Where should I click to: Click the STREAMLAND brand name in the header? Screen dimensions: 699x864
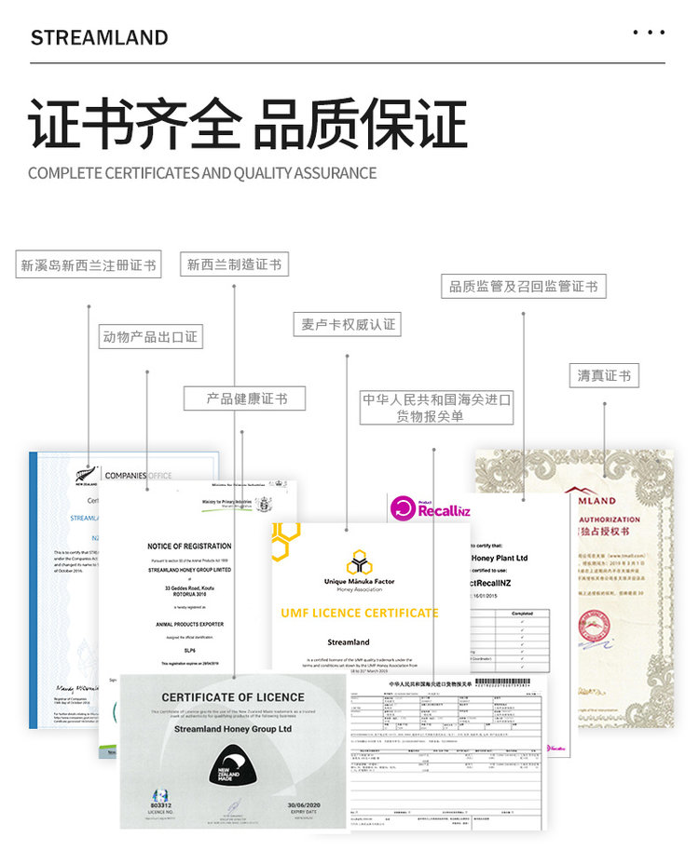pyautogui.click(x=100, y=38)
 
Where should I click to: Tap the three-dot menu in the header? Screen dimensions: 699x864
pyautogui.click(x=649, y=33)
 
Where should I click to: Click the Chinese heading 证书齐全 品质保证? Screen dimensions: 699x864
pyautogui.click(x=247, y=124)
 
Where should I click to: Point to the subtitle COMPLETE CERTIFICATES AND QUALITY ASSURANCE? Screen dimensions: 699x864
pyautogui.click(x=202, y=173)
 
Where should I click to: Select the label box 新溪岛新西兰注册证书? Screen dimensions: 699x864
pyautogui.click(x=89, y=264)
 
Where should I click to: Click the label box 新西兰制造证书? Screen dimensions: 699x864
pyautogui.click(x=234, y=264)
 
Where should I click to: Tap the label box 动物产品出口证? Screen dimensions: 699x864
pyautogui.click(x=150, y=336)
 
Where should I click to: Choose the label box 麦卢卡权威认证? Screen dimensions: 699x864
pyautogui.click(x=348, y=325)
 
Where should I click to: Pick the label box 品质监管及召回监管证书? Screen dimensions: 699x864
pyautogui.click(x=523, y=286)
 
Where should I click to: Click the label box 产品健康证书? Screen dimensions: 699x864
pyautogui.click(x=247, y=398)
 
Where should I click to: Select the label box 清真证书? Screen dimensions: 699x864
pyautogui.click(x=604, y=375)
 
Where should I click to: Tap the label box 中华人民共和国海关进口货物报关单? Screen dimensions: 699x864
pyautogui.click(x=436, y=408)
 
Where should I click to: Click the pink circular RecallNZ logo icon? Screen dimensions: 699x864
pyautogui.click(x=403, y=508)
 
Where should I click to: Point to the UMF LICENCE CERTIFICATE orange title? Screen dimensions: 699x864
pyautogui.click(x=359, y=613)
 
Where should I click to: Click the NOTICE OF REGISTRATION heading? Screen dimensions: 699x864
pyautogui.click(x=189, y=546)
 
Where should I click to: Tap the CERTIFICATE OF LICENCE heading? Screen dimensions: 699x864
pyautogui.click(x=233, y=697)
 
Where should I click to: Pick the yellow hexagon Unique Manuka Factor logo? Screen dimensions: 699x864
pyautogui.click(x=360, y=562)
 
